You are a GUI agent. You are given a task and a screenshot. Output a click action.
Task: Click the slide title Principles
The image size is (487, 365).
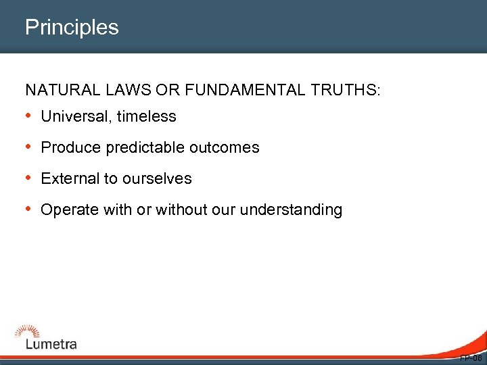(72, 28)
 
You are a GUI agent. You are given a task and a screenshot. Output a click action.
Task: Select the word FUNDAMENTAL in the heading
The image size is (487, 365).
(235, 90)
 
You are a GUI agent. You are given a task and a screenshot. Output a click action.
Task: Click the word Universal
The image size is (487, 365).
(76, 116)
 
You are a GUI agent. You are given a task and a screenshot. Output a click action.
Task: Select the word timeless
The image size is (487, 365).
(146, 116)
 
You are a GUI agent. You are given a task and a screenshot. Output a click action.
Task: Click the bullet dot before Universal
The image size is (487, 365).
(30, 116)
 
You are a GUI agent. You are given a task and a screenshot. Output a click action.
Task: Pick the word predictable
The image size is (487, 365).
(139, 147)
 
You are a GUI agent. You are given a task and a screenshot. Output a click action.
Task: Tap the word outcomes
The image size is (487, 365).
(227, 147)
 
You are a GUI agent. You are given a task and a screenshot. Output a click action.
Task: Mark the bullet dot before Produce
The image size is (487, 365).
(30, 147)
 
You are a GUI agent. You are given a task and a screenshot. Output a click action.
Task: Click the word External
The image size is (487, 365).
(69, 178)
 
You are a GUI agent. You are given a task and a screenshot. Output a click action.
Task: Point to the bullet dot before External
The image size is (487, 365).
(30, 178)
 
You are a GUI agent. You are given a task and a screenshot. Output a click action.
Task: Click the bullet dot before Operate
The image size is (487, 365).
(30, 210)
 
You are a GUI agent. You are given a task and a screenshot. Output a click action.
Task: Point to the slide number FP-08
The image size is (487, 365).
(471, 358)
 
